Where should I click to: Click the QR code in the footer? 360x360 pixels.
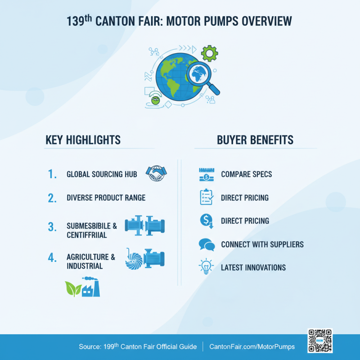pos(320,341)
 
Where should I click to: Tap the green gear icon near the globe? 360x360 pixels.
pos(209,53)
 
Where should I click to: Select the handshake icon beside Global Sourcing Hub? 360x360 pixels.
pos(156,174)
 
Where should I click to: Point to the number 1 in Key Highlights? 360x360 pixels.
pos(52,174)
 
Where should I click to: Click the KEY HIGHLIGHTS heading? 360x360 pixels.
pos(83,140)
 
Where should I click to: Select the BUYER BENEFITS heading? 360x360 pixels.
pos(255,140)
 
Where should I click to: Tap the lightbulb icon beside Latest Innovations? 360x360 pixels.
pos(206,267)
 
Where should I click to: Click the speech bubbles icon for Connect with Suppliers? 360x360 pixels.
pos(207,245)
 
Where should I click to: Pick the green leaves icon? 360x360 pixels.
pos(72,288)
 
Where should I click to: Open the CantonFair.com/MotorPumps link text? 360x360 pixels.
pos(252,346)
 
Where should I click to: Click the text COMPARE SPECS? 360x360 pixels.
pos(246,174)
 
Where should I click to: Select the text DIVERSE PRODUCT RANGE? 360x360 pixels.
pos(106,198)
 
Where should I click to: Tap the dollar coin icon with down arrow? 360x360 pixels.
pos(206,221)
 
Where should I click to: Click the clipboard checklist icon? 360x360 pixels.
pos(206,197)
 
